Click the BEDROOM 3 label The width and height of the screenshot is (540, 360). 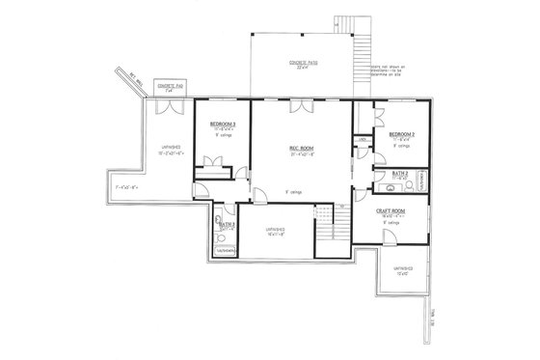pos(224,125)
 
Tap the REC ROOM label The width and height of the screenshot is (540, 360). pos(299,148)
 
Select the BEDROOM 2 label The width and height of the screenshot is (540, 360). pos(402,133)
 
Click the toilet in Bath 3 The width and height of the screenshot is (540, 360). pos(220,237)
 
